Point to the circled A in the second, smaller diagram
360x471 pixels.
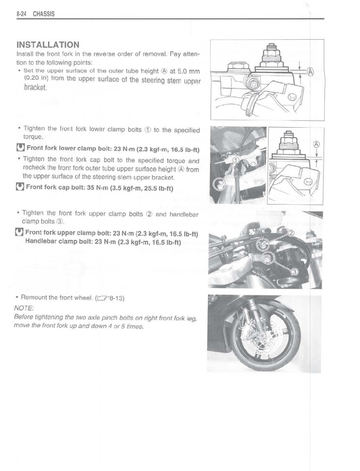(x=316, y=144)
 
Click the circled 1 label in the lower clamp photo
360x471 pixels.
(x=236, y=160)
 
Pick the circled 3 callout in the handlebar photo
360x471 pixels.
(x=294, y=270)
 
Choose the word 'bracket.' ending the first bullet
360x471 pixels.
(x=35, y=87)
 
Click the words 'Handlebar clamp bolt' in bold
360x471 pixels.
(x=60, y=242)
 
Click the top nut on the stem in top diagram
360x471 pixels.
(x=270, y=49)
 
